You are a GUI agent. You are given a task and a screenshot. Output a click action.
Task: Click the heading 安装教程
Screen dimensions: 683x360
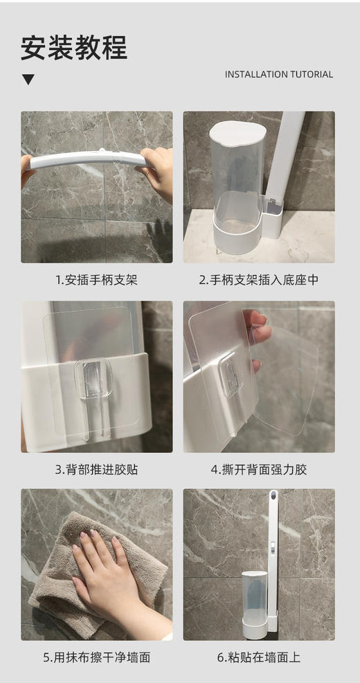74,48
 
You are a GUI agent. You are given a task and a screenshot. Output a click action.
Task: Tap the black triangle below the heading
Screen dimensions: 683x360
28,80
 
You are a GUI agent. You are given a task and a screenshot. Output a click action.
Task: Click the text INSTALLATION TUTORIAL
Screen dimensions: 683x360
278,74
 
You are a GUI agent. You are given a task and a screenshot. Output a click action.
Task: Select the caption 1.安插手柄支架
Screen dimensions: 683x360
96,280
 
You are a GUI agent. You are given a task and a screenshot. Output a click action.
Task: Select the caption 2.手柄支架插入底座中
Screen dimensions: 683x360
258,280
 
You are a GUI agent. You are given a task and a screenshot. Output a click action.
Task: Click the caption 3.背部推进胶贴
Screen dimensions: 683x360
96,469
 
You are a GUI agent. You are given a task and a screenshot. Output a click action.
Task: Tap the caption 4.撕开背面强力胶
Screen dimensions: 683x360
258,469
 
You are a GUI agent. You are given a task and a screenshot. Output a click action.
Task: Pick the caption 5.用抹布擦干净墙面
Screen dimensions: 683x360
96,657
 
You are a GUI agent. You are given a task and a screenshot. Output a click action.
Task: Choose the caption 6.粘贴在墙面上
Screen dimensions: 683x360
258,657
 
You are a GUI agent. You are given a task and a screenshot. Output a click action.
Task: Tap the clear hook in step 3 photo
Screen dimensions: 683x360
93,378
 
